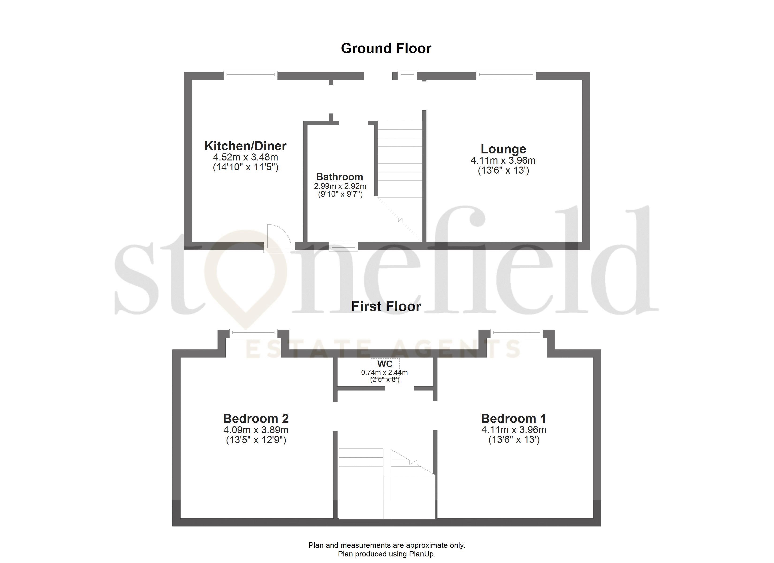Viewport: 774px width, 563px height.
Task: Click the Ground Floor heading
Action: [x=386, y=49]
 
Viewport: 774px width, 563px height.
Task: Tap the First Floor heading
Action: [x=386, y=306]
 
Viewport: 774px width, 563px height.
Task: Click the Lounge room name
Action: [x=503, y=149]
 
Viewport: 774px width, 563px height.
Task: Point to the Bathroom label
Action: [x=340, y=177]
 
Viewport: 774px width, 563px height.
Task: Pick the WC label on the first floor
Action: [x=385, y=364]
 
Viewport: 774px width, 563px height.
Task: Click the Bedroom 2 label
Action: [x=256, y=418]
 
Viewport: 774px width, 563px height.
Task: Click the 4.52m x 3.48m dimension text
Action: [x=245, y=157]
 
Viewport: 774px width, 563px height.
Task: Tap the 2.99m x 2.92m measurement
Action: [x=340, y=186]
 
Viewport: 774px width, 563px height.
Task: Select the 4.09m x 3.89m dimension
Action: [x=256, y=430]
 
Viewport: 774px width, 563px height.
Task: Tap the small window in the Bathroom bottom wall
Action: [x=343, y=247]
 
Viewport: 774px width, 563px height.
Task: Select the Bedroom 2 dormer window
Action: [x=253, y=333]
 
